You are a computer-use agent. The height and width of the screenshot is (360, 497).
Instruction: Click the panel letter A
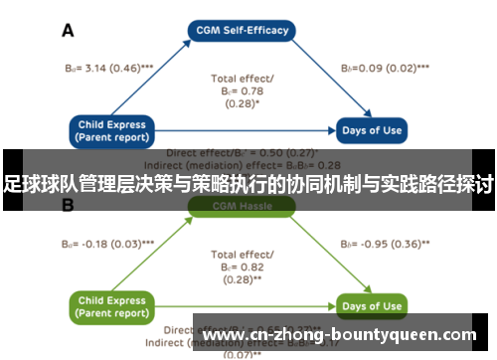[x=69, y=31]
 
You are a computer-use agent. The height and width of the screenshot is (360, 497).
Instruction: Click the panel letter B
[x=69, y=206]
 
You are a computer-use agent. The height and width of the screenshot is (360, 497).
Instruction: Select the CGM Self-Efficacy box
[x=243, y=30]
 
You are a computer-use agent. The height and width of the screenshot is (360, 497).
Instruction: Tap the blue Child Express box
[x=110, y=130]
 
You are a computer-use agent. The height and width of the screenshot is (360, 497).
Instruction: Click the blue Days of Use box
[x=372, y=130]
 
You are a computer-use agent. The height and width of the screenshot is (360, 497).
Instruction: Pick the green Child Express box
[x=110, y=305]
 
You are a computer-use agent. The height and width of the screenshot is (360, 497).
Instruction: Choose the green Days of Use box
[x=372, y=305]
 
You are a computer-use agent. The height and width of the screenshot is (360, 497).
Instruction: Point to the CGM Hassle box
[x=243, y=206]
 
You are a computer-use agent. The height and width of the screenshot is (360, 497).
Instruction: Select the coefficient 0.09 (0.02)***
[x=385, y=69]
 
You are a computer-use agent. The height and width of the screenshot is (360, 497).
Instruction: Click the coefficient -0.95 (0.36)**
[x=385, y=243]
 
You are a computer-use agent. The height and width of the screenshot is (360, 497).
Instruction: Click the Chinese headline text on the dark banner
[x=248, y=183]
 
